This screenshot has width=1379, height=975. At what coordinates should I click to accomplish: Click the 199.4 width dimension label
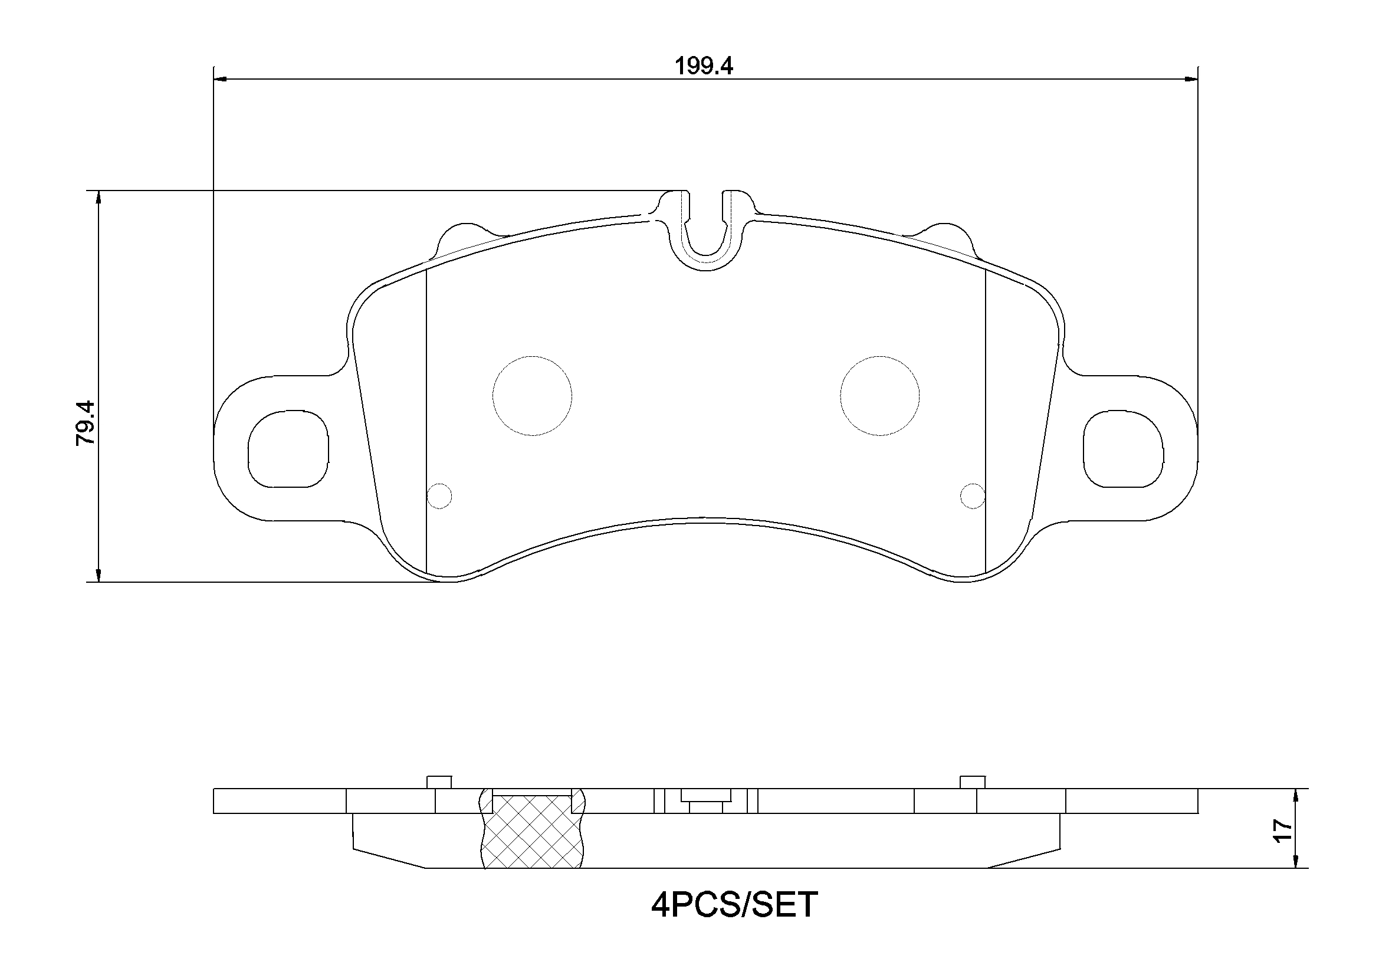coord(704,66)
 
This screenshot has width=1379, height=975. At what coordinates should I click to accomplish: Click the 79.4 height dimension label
coord(86,422)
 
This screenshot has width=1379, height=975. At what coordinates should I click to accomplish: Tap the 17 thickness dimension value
coord(1282,830)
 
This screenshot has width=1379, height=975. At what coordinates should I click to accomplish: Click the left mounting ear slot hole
coord(288,449)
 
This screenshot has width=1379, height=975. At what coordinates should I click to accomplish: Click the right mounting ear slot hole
coord(1123,449)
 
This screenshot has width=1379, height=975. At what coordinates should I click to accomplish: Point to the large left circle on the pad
coord(532,395)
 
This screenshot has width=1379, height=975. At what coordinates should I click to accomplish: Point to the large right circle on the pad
coord(880,395)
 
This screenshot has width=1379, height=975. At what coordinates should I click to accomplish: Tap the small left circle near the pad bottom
coord(439,495)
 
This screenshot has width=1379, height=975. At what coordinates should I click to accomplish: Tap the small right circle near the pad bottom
coord(973,495)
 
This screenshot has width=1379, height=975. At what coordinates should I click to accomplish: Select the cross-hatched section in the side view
coord(533,832)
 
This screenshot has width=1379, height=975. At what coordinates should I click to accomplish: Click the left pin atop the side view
coord(439,782)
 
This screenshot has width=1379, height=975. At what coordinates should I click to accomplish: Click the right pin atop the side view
coord(973,782)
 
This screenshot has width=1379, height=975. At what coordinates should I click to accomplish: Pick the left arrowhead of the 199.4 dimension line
coord(220,78)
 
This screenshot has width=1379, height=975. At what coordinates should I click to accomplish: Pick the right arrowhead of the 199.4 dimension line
coord(1191,78)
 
